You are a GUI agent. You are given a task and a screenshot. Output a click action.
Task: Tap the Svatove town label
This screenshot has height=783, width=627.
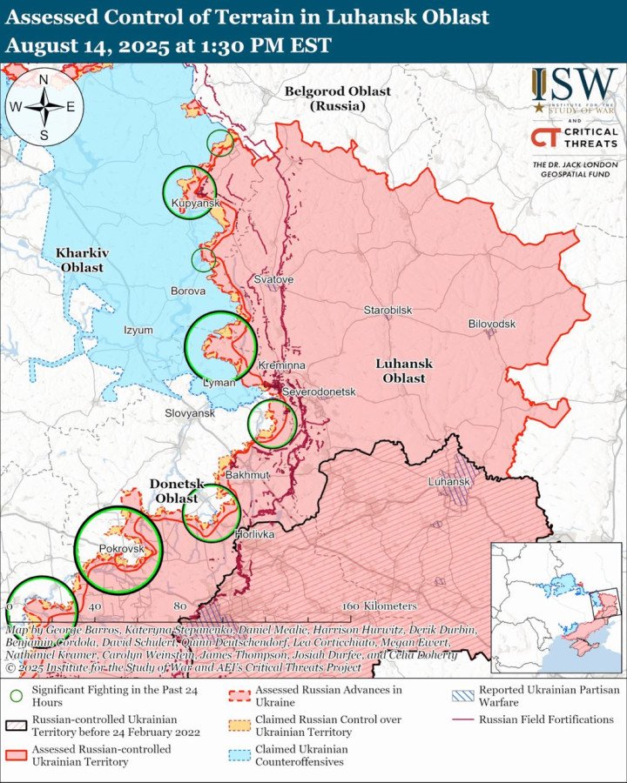[274, 279]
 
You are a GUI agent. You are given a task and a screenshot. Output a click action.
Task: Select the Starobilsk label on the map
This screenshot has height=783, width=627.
[388, 311]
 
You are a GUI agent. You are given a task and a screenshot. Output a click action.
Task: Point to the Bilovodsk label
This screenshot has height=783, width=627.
[492, 324]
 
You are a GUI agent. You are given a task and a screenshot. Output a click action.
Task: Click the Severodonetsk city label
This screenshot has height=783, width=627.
[319, 392]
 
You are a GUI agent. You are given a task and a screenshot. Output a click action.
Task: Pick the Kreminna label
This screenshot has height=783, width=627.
[282, 366]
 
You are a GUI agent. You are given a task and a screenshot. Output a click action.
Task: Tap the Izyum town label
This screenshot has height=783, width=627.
[138, 331]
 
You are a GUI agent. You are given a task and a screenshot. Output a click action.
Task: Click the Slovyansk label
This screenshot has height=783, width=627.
[190, 413]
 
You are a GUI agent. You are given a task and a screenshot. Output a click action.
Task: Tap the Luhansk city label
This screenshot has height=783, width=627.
[448, 481]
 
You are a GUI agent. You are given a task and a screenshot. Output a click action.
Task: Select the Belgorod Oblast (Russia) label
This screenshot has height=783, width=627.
[338, 98]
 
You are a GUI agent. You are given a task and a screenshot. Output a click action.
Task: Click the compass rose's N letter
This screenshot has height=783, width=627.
[44, 80]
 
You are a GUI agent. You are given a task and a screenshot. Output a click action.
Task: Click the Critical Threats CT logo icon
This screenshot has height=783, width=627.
[544, 137]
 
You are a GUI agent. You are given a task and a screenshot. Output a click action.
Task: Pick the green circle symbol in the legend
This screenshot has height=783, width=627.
[16, 696]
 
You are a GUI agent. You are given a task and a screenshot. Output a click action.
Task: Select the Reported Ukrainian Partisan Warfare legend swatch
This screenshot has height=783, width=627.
[462, 696]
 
